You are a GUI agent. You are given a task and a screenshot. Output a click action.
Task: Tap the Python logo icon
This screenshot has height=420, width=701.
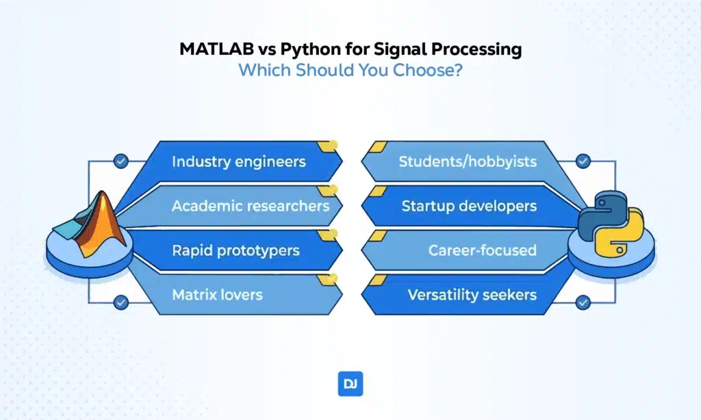pos(611,224)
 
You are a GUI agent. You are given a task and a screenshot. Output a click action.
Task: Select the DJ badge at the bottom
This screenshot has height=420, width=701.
pos(350,384)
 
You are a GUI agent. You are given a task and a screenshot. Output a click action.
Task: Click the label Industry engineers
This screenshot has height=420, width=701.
pos(239,161)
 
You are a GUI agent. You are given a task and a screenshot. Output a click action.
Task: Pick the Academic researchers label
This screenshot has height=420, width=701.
pos(251,206)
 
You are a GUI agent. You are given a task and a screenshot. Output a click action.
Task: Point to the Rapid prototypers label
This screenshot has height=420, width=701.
pos(235,250)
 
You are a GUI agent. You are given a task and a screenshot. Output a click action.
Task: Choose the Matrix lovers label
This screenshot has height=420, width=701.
pos(217,295)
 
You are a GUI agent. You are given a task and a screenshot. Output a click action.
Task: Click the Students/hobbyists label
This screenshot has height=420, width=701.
pos(468,161)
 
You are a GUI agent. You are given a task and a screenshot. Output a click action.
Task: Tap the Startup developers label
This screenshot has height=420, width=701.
pos(469,206)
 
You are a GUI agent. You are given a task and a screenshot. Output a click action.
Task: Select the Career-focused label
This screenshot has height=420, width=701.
pos(483,250)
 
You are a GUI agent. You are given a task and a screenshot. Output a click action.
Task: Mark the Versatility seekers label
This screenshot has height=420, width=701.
pos(472,295)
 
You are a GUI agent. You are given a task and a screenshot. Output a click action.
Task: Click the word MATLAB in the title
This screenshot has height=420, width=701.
pos(216,49)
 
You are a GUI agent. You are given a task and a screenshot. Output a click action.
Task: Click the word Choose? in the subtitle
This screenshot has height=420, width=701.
pos(427,70)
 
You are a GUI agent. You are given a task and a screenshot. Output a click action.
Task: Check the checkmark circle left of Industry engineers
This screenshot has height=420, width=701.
pos(120,161)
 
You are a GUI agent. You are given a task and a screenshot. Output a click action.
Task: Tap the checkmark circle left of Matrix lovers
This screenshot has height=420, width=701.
pos(120,302)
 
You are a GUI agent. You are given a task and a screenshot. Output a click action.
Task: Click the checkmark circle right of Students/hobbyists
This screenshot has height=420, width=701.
pos(583,161)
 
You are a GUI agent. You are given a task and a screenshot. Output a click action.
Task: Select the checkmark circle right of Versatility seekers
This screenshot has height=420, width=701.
pos(583,302)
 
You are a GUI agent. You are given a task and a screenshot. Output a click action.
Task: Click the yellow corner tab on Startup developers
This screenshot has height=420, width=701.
pos(378,192)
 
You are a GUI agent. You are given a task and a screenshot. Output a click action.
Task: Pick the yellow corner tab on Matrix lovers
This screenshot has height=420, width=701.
pos(328,280)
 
